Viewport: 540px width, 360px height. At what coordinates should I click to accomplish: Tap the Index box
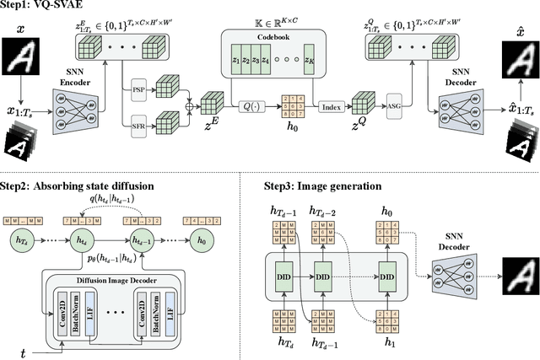332,105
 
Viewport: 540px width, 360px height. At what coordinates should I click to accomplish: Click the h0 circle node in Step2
201,239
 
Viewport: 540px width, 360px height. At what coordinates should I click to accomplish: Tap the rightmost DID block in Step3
386,275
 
